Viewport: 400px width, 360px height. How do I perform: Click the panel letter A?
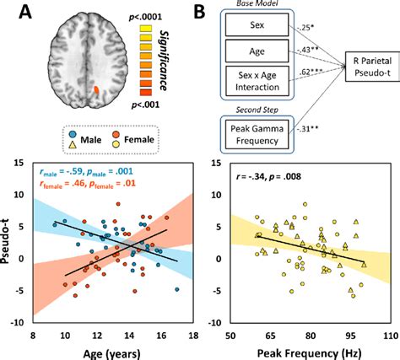(x=19, y=12)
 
